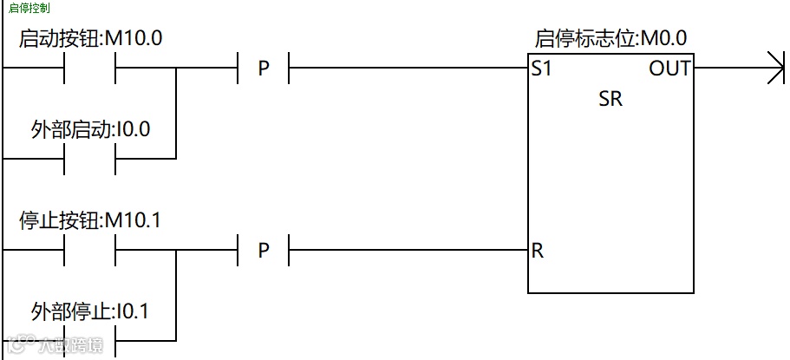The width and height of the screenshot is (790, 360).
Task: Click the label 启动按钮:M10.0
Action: [x=90, y=39]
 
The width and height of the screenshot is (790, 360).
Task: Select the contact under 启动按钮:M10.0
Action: [x=90, y=68]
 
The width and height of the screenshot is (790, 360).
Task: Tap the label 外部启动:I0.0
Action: [x=90, y=130]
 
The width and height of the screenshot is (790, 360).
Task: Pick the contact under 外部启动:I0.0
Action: [x=90, y=159]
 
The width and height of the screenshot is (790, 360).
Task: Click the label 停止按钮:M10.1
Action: [x=90, y=220]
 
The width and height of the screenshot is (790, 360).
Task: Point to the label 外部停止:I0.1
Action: [x=90, y=311]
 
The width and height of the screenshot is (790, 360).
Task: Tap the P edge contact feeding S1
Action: [x=264, y=68]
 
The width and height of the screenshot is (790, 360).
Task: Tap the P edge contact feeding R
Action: [x=264, y=251]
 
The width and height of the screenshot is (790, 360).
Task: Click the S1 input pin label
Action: [x=542, y=69]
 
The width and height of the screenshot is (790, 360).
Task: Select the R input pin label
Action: [x=538, y=252]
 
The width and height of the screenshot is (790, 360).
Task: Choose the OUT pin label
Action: [x=669, y=69]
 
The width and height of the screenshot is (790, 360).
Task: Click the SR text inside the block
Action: [x=610, y=99]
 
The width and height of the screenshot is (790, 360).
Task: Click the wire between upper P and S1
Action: [x=408, y=68]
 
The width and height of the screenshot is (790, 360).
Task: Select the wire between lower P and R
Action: [x=408, y=251]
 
